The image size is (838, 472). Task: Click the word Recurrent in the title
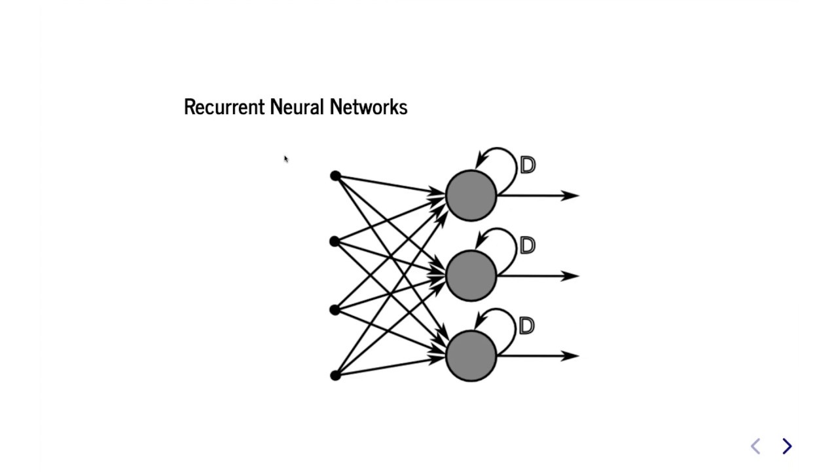tap(224, 107)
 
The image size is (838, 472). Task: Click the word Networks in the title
tap(369, 107)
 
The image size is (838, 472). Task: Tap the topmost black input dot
tap(335, 176)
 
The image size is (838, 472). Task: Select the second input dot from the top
tap(335, 242)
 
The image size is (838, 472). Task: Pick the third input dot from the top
tap(335, 309)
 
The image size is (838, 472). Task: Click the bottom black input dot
tap(335, 375)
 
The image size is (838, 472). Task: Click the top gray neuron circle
tap(471, 195)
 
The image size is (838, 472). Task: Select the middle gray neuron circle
tap(471, 276)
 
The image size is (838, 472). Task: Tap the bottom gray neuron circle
tap(471, 356)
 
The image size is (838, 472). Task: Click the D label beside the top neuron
tap(528, 165)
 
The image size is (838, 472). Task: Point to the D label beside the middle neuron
tap(528, 246)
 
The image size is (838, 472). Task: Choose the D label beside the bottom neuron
tap(527, 326)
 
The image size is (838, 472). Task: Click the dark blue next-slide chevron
tap(787, 446)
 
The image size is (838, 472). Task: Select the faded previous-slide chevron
tap(756, 446)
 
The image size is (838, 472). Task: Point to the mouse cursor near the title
tap(286, 159)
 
